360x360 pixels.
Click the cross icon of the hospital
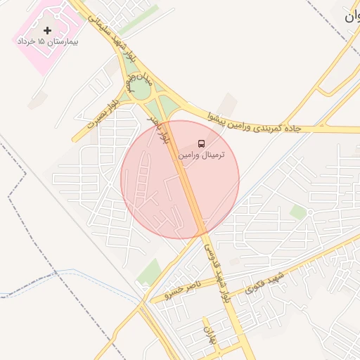pos(47,31)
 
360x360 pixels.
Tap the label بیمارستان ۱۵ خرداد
pos(48,42)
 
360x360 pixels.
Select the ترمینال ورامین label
pos(202,154)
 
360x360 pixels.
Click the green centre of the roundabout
pos(141,90)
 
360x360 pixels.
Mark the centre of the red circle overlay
pos(180,180)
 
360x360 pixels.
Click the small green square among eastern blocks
pos(298,212)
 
